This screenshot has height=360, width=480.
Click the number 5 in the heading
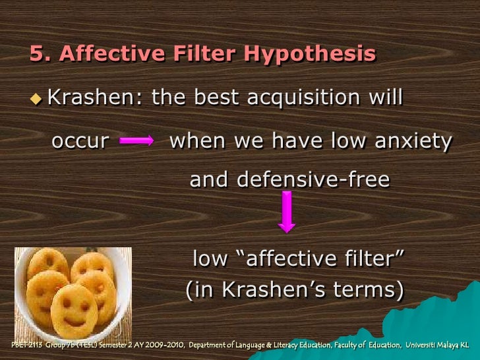coord(37,53)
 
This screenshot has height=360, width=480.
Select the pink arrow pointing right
coord(137,140)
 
